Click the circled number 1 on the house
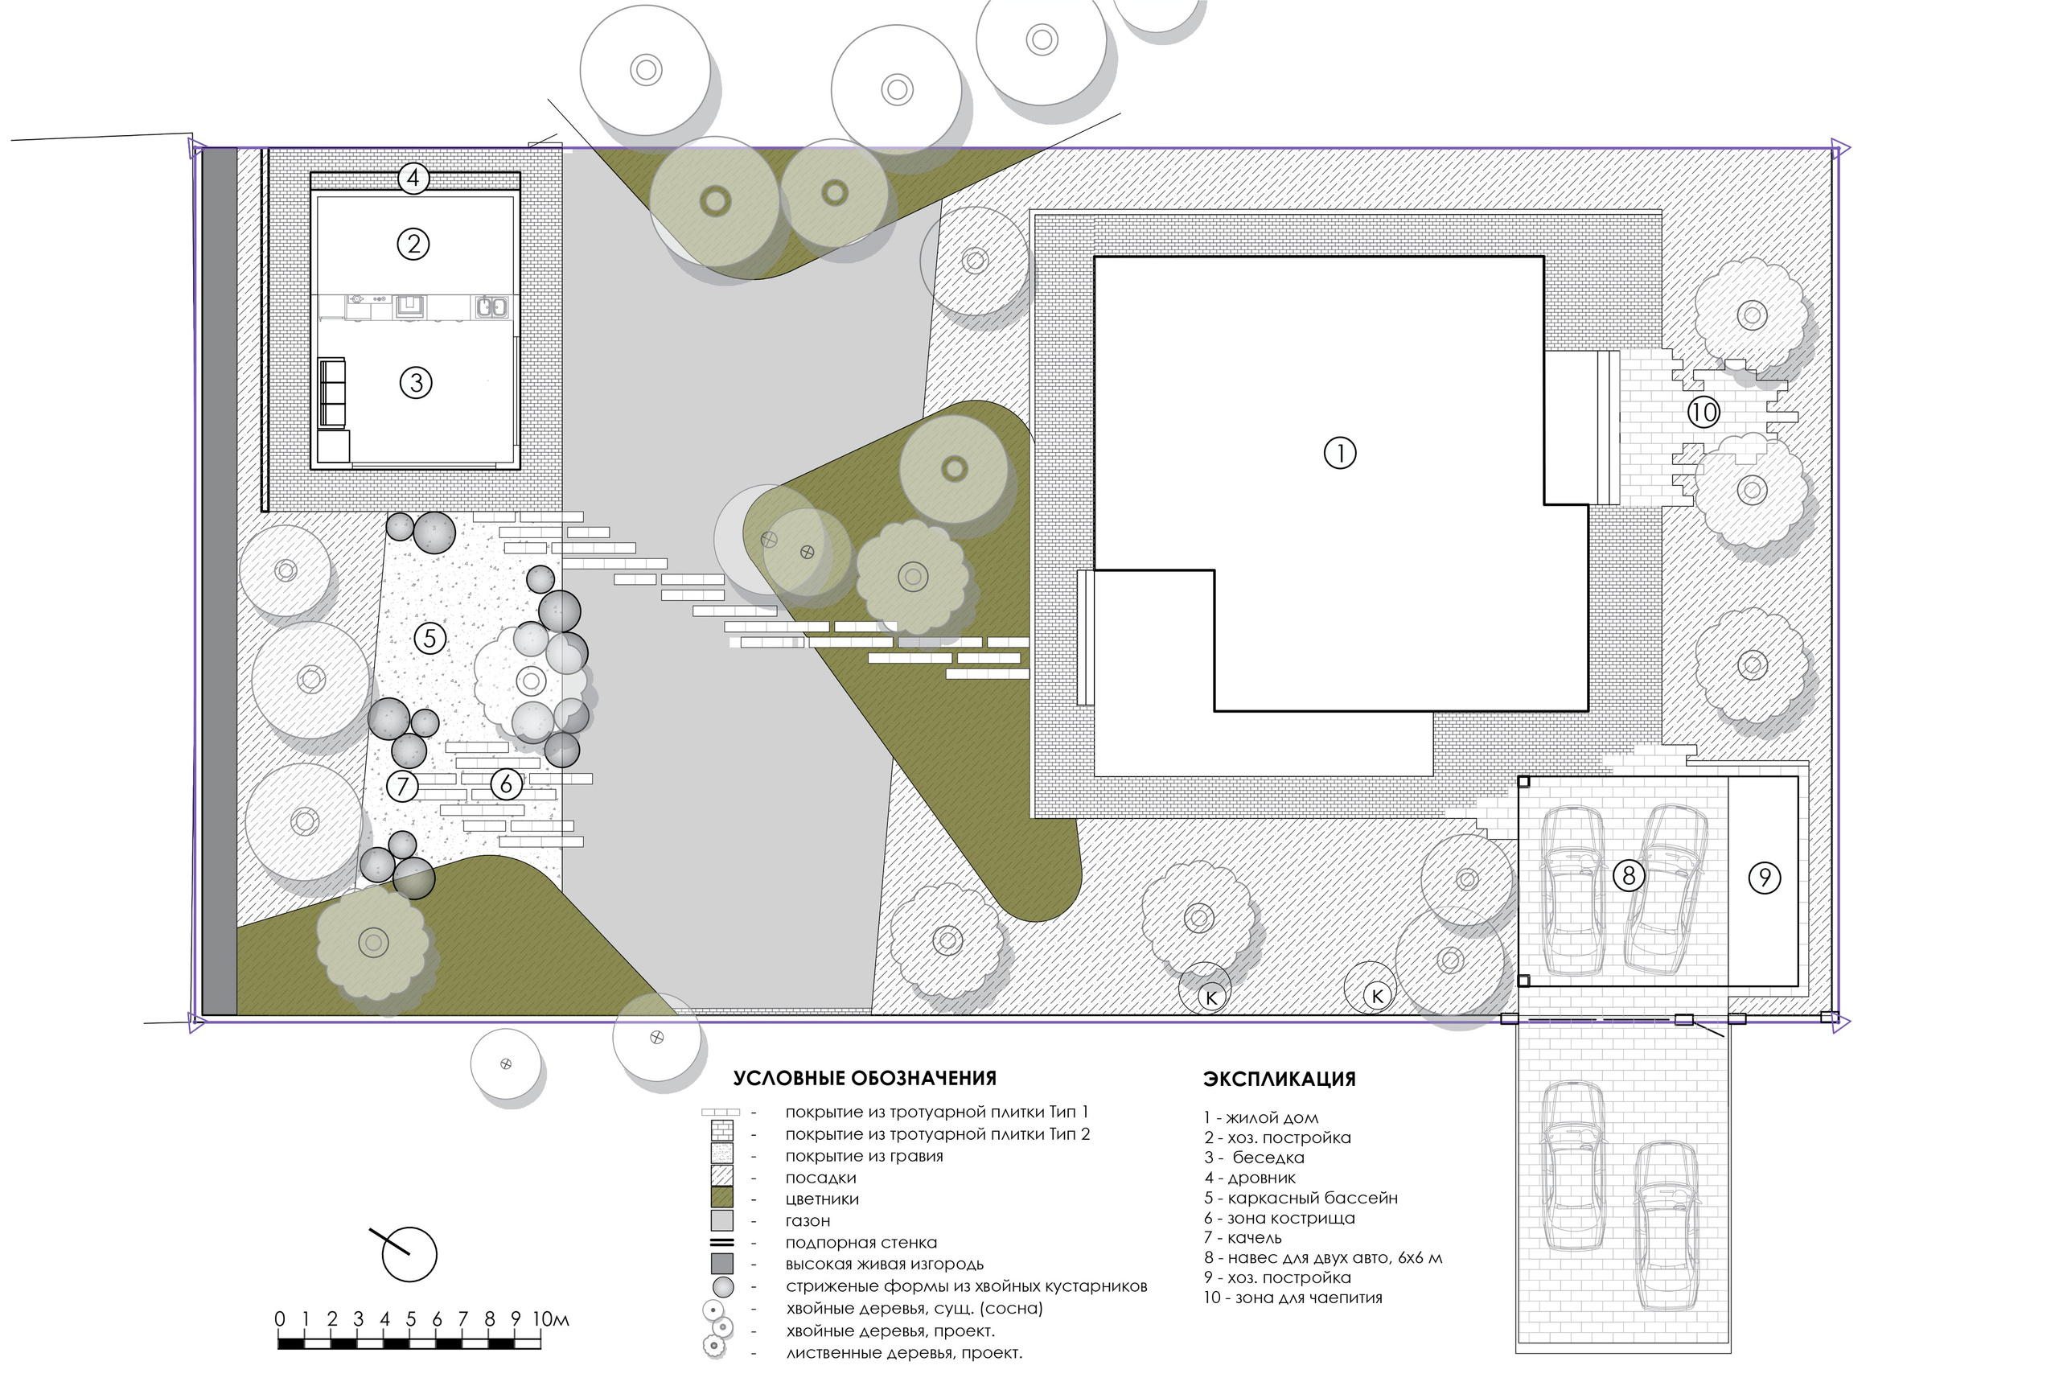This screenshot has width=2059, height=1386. click(1340, 454)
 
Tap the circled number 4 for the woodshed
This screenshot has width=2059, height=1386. click(413, 179)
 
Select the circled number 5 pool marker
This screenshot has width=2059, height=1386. click(430, 638)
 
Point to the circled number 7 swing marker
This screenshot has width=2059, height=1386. click(402, 785)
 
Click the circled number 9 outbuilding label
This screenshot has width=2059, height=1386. click(1764, 878)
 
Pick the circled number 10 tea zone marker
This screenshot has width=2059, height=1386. click(1703, 412)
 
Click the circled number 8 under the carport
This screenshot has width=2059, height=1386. click(1629, 875)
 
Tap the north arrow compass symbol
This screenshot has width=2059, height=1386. click(409, 1253)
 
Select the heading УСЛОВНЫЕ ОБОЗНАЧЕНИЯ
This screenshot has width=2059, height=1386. click(865, 1079)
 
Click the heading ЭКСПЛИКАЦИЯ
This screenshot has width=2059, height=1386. click(1279, 1080)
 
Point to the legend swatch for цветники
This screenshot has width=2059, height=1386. click(722, 1198)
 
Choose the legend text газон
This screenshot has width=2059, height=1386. click(808, 1221)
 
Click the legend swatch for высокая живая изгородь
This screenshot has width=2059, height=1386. click(722, 1264)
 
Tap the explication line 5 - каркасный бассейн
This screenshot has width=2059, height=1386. click(1300, 1199)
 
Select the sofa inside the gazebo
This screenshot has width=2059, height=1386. click(331, 393)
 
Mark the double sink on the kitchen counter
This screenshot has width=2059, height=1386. click(491, 307)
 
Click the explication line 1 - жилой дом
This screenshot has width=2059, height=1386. click(1261, 1118)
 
